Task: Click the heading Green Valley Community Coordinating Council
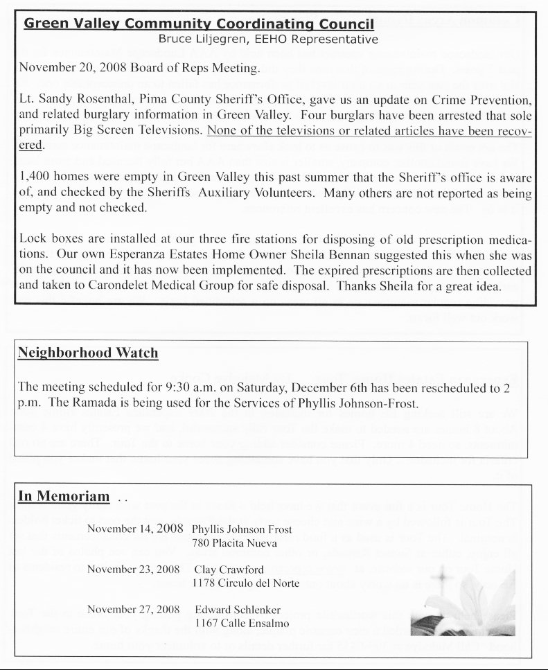point(199,24)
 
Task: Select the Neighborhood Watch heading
point(88,353)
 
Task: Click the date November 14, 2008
point(135,529)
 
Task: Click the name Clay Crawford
point(229,570)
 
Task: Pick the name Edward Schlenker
point(238,610)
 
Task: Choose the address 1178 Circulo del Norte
point(246,583)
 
